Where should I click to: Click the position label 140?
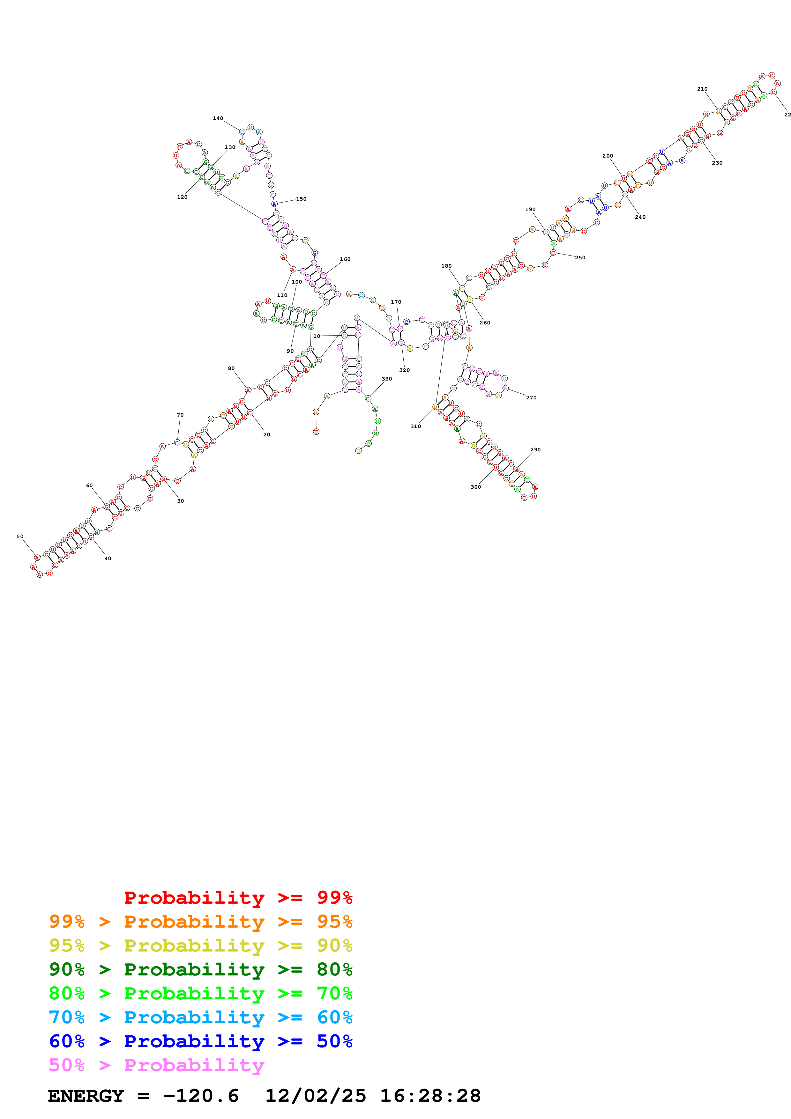pos(218,118)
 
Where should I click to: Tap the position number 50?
pos(20,537)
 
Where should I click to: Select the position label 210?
pos(702,89)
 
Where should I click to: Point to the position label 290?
pos(535,450)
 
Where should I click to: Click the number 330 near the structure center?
pos(386,379)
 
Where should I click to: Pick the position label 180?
pos(446,266)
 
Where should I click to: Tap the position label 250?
pos(580,258)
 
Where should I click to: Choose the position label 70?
pos(180,415)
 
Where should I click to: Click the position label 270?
pos(531,398)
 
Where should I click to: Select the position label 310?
pos(415,426)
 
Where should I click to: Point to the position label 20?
pos(266,435)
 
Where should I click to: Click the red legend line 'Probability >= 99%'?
pos(238,897)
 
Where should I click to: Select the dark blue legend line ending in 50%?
pos(200,1041)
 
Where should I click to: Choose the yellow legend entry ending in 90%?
pos(200,945)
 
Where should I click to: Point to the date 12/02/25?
pos(315,1096)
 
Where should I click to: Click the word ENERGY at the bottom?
pos(86,1096)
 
